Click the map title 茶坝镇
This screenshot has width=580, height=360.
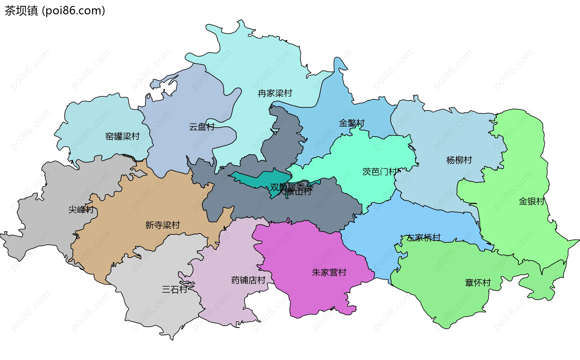(x=21, y=11)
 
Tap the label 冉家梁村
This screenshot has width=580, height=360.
(x=275, y=93)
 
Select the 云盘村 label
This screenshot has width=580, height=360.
(x=202, y=127)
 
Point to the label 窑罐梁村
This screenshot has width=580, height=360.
(x=122, y=136)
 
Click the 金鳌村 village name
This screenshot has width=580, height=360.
(x=352, y=123)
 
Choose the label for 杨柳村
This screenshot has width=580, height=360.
(x=459, y=160)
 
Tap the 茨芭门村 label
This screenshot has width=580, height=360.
(x=379, y=172)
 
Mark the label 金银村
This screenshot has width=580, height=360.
(x=531, y=201)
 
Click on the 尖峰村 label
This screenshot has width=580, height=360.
(x=81, y=209)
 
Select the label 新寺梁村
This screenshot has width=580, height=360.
(x=163, y=225)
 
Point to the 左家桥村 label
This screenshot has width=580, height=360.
(x=424, y=238)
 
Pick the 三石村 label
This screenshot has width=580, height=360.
(x=175, y=290)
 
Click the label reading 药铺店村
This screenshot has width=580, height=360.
(x=248, y=280)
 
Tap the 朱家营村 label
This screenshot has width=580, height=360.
(x=329, y=272)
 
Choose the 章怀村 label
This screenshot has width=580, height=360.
(x=478, y=283)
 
